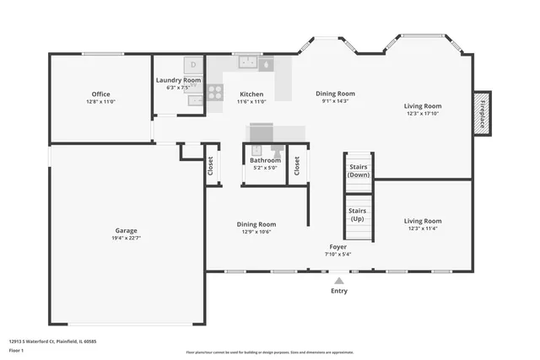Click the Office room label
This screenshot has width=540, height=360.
pyautogui.click(x=100, y=94)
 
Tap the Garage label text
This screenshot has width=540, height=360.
pyautogui.click(x=127, y=230)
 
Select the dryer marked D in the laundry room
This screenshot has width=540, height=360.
pyautogui.click(x=194, y=64)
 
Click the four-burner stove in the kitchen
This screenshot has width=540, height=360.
pyautogui.click(x=215, y=92)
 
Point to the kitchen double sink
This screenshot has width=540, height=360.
pyautogui.click(x=248, y=62)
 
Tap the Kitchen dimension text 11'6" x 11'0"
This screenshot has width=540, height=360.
pyautogui.click(x=251, y=102)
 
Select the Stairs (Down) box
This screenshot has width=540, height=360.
pyautogui.click(x=359, y=171)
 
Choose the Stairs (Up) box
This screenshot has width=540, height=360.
pyautogui.click(x=359, y=214)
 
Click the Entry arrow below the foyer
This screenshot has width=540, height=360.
pyautogui.click(x=338, y=281)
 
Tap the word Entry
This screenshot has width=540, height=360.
pyautogui.click(x=338, y=291)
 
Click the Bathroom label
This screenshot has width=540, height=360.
pyautogui.click(x=265, y=160)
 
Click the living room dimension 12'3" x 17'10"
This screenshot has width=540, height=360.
pyautogui.click(x=423, y=114)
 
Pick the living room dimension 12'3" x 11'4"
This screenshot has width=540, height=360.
pyautogui.click(x=423, y=228)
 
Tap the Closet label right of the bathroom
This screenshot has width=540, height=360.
pyautogui.click(x=296, y=166)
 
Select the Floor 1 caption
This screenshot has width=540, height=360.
pyautogui.click(x=16, y=350)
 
